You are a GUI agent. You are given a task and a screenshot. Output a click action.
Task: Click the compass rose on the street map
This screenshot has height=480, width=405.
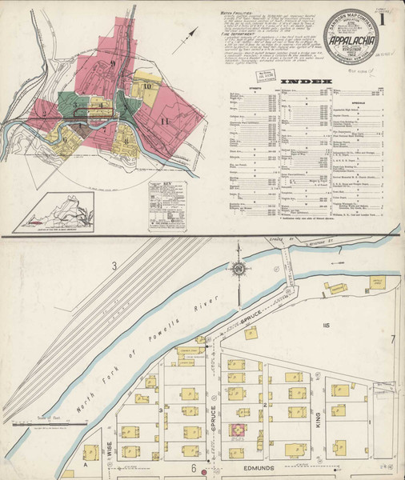pyautogui.click(x=239, y=272)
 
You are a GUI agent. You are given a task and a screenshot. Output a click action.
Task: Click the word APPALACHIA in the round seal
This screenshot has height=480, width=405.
pyautogui.click(x=349, y=38)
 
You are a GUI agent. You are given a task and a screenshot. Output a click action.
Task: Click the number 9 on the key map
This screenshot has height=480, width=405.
pyautogui.click(x=114, y=63)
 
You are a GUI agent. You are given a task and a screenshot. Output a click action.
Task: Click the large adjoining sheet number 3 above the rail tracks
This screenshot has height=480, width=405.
pyautogui.click(x=114, y=266)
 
